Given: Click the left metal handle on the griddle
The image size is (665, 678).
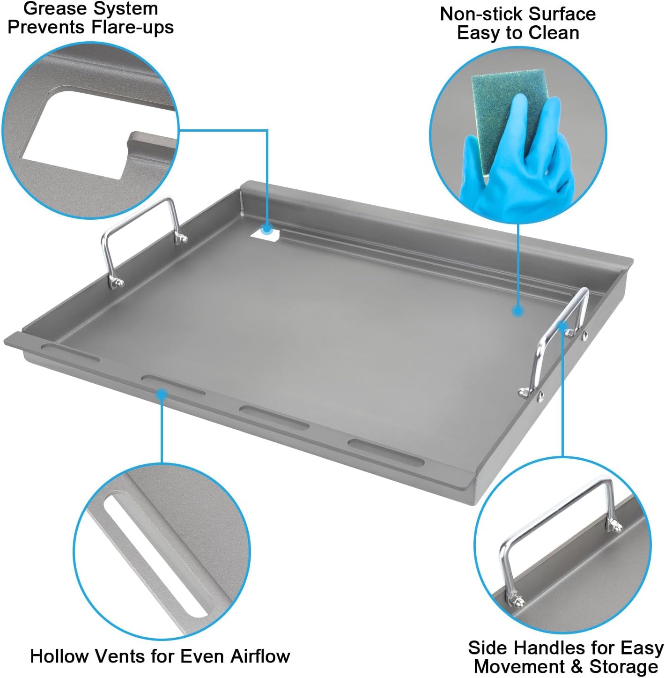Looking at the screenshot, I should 140,234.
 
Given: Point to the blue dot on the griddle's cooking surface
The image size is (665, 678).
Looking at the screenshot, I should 517,311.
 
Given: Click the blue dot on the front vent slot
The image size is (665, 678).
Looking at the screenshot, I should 162,395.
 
